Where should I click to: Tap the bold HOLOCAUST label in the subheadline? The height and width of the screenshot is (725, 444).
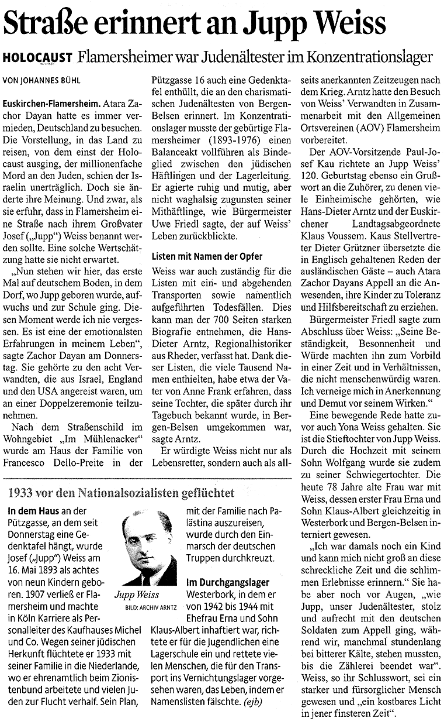coord(37,57)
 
